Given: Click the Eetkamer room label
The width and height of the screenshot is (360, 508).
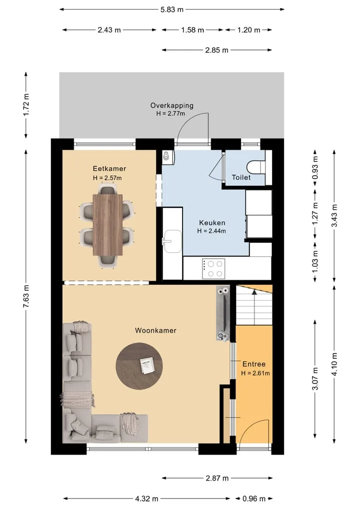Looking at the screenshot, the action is (x=109, y=168).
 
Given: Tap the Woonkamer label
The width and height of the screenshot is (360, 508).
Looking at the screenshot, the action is (x=155, y=331).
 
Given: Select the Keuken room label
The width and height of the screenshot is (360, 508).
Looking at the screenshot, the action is (x=212, y=223).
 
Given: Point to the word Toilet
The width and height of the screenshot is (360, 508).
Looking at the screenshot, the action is (x=241, y=177).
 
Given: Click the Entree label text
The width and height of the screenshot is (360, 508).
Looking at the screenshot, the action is (x=254, y=364).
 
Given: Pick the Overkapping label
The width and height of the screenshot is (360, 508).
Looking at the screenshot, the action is (x=172, y=105).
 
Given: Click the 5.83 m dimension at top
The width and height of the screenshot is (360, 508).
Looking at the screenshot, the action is (x=172, y=9).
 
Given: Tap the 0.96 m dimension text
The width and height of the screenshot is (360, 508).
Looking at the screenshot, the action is (x=253, y=499).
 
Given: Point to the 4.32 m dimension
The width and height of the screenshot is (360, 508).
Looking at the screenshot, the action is (x=146, y=499).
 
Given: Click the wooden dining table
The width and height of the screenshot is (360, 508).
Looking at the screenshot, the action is (x=107, y=225).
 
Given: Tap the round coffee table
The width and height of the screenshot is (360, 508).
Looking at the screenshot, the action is (x=139, y=366).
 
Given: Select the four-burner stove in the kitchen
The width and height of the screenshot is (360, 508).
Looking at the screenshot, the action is (x=213, y=269).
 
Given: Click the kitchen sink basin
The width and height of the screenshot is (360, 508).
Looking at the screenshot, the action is (x=172, y=241).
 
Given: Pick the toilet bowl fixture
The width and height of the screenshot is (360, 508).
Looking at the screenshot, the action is (x=256, y=168).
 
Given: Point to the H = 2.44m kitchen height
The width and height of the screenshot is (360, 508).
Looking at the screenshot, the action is (x=211, y=231).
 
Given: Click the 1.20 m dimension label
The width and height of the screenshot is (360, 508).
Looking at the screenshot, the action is (x=249, y=30).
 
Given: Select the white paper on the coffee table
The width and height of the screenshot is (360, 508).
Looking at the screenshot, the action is (x=147, y=366).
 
